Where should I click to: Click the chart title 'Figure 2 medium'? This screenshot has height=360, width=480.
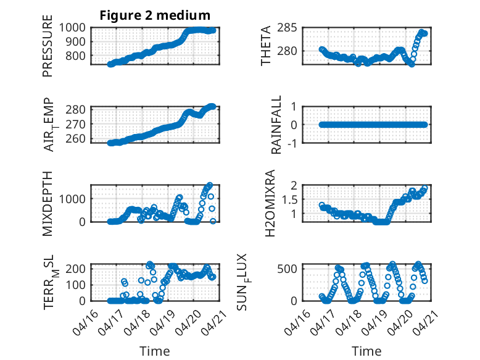coord(155,15)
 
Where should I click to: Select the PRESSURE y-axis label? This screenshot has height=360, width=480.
coord(48,46)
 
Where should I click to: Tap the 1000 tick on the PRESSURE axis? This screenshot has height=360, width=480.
coord(72,28)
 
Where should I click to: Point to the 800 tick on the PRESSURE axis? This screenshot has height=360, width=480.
coord(76,56)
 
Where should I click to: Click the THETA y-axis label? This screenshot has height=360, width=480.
coord(266,46)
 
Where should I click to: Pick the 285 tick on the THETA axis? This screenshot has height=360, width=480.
coord(287,28)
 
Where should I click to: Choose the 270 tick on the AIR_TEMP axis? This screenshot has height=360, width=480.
coord(76,124)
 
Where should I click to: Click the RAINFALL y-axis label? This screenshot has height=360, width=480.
coord(276,125)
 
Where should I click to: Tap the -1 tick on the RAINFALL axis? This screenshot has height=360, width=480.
coord(293,143)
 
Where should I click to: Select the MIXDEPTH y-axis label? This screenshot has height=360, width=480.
coord(48,203)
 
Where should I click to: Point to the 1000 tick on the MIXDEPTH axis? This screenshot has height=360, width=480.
coord(72,199)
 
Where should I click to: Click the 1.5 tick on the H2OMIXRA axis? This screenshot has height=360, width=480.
coord(289,200)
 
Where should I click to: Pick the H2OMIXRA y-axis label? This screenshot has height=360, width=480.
coord(270,203)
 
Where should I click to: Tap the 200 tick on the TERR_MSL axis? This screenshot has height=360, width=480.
coord(76,269)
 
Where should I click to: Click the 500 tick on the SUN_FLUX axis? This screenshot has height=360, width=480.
coord(287,269)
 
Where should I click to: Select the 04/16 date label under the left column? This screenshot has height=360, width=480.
coord(85,322)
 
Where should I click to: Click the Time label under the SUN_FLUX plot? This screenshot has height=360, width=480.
coord(366,351)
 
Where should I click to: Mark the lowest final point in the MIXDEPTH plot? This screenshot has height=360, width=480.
coord(213,221)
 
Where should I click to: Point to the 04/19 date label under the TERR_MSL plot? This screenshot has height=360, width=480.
coord(162,322)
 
